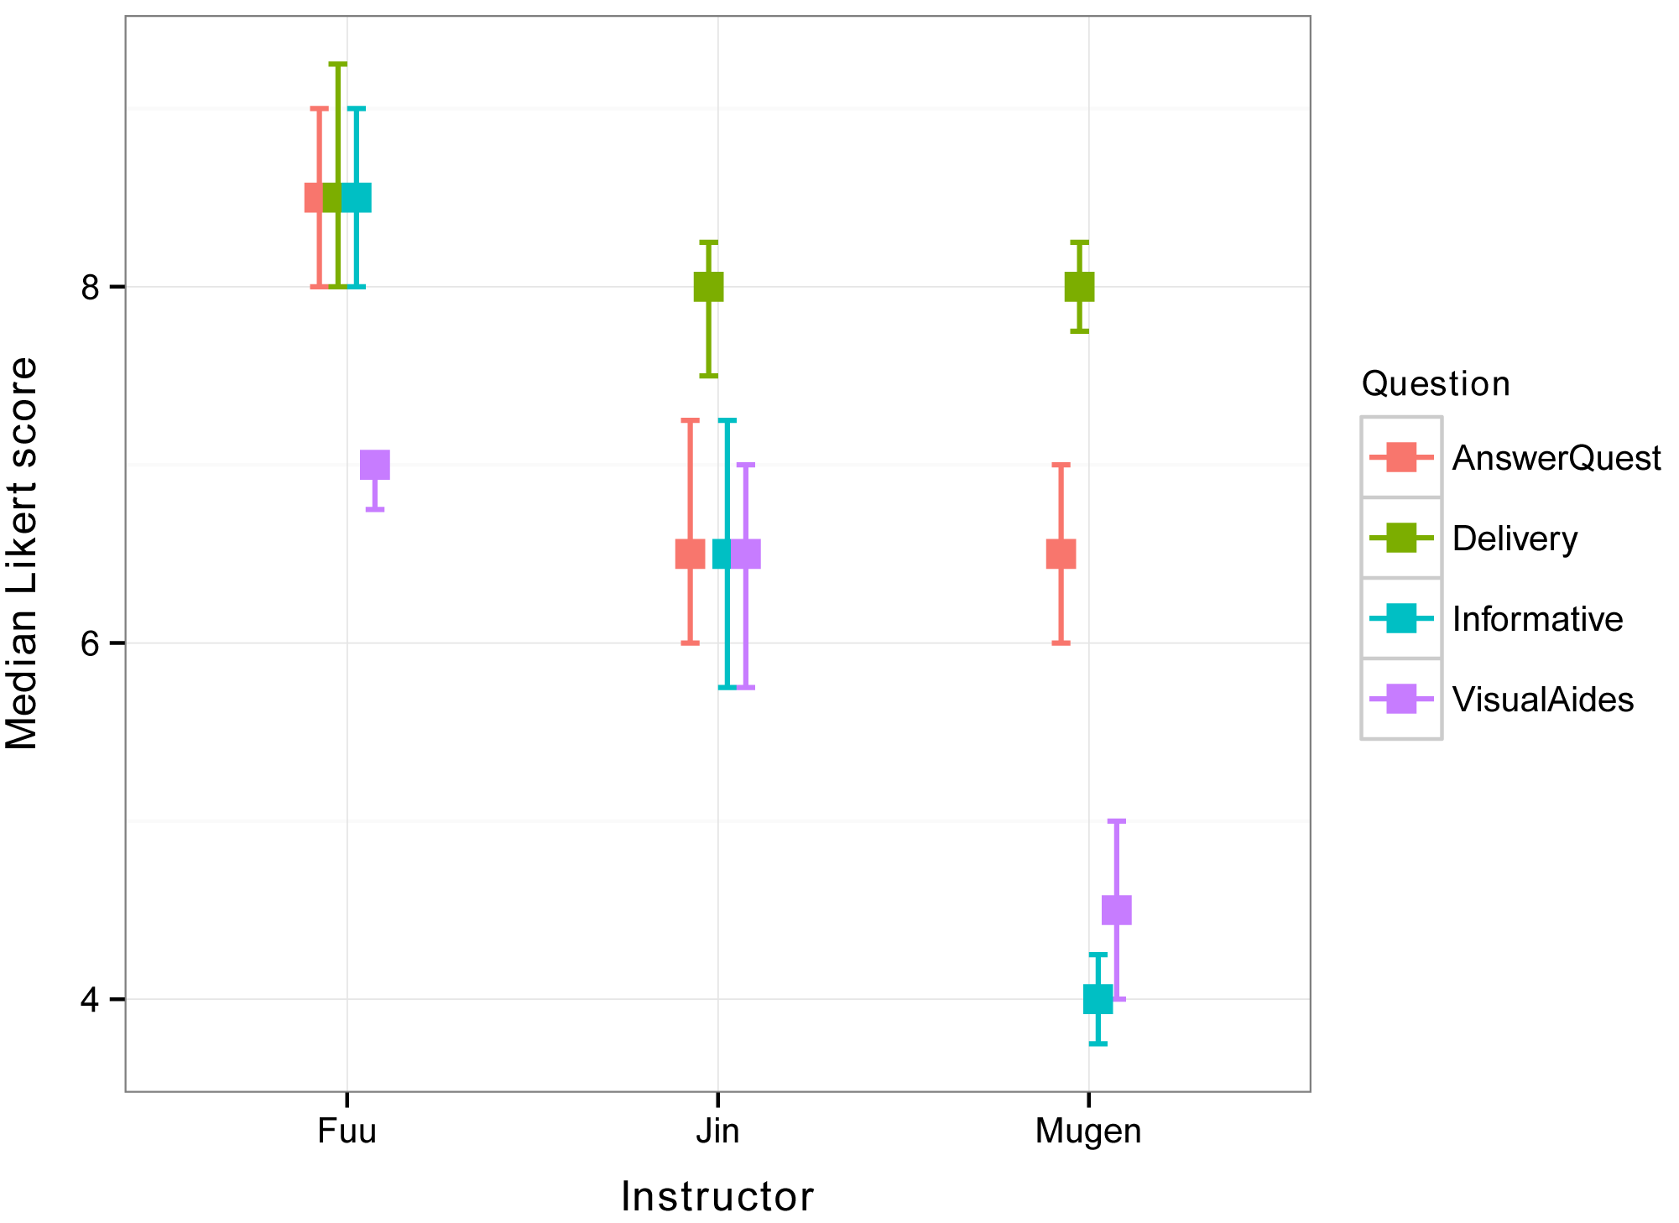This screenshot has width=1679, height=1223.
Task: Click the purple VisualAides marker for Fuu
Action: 375,465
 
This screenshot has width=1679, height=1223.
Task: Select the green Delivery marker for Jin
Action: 709,287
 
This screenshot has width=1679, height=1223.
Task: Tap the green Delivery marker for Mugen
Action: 1080,287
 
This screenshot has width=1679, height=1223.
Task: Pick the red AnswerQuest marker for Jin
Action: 691,554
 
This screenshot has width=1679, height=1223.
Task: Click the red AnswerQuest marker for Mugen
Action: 1061,554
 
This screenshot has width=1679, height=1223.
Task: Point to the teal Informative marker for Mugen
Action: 1098,999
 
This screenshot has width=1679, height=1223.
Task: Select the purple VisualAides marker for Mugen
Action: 1117,910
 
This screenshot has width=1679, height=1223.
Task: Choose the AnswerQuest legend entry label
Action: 1556,458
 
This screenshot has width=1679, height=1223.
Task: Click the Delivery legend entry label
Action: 1515,539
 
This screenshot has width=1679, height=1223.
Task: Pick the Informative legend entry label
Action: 1537,619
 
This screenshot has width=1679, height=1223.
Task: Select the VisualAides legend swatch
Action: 1401,699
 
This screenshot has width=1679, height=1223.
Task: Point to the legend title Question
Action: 1436,384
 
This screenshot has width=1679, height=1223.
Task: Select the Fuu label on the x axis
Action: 347,1132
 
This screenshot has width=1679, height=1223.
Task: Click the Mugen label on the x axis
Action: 1088,1132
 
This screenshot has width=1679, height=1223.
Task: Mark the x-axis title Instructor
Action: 717,1197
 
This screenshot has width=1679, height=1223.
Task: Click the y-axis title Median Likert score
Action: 23,554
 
